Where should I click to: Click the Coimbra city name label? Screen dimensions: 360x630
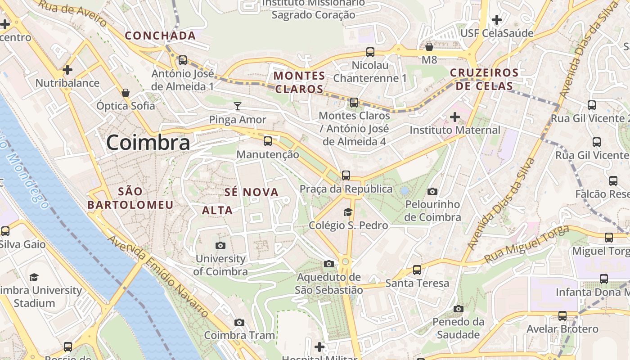click(148, 143)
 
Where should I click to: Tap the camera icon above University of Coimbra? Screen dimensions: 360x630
click(220, 245)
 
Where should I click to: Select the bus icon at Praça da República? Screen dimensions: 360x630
click(346, 175)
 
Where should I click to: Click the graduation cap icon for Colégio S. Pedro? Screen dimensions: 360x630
click(348, 212)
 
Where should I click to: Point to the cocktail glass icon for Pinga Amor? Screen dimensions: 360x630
click(238, 106)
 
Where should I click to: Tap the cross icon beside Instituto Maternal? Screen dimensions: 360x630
click(455, 117)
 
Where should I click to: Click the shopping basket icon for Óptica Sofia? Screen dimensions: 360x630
click(126, 93)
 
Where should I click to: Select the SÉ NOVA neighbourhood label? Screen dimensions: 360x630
click(252, 193)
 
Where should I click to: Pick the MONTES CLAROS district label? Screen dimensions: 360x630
click(299, 82)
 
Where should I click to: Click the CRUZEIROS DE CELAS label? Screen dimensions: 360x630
click(484, 79)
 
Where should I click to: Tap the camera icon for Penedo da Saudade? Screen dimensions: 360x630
click(459, 309)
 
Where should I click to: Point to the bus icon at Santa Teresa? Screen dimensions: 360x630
click(417, 270)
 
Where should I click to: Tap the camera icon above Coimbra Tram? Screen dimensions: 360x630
click(239, 322)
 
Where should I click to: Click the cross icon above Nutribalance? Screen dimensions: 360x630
click(67, 70)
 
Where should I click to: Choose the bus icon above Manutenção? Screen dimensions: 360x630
click(268, 141)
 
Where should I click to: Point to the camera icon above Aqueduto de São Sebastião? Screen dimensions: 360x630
click(329, 264)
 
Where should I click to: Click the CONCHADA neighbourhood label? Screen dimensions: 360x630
click(160, 36)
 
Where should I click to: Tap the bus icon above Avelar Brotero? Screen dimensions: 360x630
click(562, 316)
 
